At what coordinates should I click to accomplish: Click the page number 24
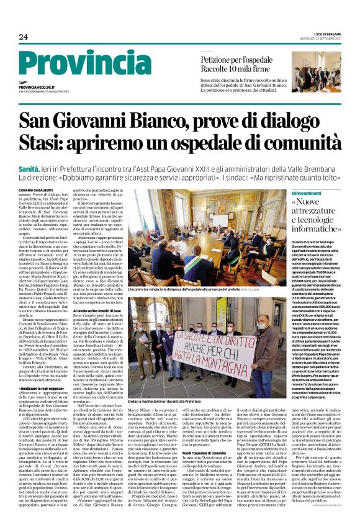point(23,37)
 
